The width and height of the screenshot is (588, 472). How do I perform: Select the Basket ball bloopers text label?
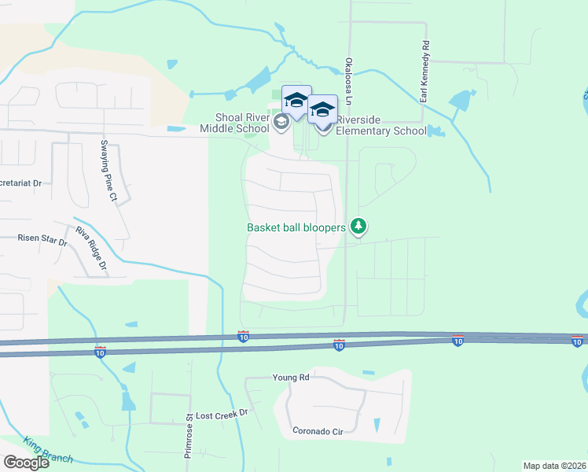pos(296,227)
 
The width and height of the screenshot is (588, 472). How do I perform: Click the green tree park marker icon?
pos(358,227)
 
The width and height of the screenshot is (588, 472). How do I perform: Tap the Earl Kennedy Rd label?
pos(424,72)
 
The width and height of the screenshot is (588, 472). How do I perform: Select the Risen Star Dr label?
pos(44,238)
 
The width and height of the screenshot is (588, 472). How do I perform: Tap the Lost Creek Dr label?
pos(221,414)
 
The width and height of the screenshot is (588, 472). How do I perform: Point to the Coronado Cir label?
pos(318,431)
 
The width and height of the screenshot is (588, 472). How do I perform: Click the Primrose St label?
pos(189,432)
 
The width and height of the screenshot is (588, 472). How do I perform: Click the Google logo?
pos(26,463)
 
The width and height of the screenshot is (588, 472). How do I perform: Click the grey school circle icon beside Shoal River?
pos(281,123)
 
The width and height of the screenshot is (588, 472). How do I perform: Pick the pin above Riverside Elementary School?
pos(322,109)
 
